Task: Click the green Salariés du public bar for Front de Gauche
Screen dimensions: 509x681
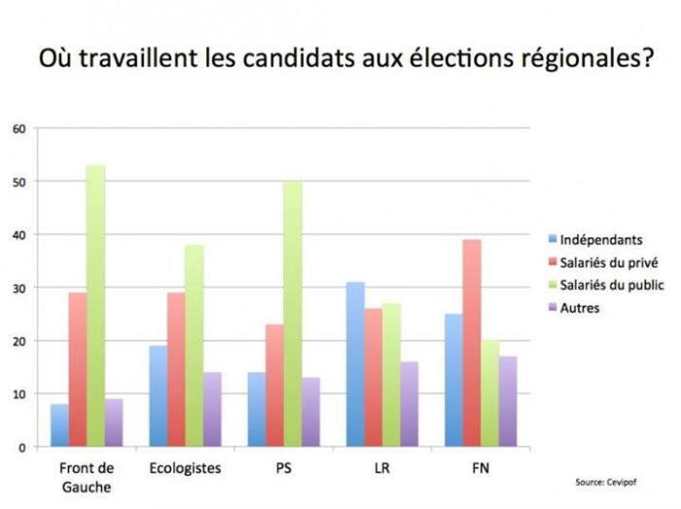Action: [x=95, y=307]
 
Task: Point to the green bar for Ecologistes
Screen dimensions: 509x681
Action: [x=194, y=346]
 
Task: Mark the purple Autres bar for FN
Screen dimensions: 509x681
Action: [x=509, y=402]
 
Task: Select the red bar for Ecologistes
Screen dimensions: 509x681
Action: [x=175, y=370]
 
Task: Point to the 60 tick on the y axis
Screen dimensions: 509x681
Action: [x=18, y=129]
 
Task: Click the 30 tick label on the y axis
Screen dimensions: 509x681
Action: [x=18, y=288]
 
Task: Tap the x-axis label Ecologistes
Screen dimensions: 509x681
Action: [x=185, y=468]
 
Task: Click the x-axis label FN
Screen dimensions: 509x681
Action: [x=480, y=468]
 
